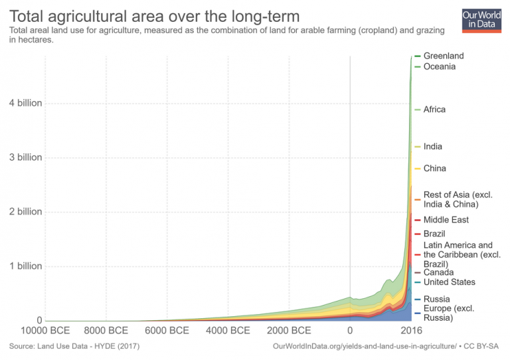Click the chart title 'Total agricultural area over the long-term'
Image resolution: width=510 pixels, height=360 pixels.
[154, 15]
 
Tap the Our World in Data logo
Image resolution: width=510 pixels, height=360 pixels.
[481, 19]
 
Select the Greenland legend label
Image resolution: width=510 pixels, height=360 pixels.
[443, 56]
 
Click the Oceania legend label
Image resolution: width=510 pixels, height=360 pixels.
[439, 66]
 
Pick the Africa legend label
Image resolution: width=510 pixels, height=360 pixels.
[434, 110]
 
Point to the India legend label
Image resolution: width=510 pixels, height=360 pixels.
[432, 147]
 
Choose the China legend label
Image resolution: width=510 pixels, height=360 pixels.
[434, 169]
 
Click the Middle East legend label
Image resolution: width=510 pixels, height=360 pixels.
[446, 220]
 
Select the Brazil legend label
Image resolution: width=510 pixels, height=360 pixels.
[434, 234]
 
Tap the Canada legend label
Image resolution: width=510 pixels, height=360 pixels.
[438, 272]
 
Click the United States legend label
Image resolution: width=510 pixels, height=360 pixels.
[449, 282]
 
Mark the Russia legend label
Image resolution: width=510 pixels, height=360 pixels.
[436, 300]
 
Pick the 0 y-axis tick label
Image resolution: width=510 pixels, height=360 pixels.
[39, 320]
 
